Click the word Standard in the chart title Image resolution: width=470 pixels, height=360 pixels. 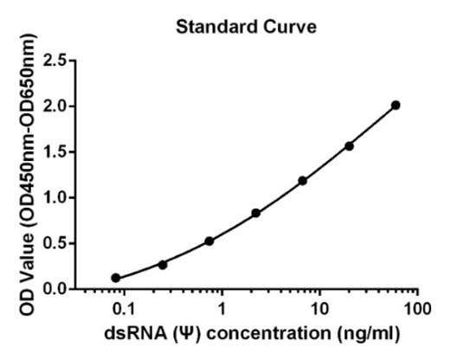(x=216, y=27)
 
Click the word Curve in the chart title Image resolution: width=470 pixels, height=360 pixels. (x=290, y=27)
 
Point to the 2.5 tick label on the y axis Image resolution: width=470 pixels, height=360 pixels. (x=55, y=61)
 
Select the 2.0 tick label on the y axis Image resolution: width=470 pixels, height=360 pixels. (x=55, y=106)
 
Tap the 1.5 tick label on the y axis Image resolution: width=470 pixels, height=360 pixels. (x=55, y=152)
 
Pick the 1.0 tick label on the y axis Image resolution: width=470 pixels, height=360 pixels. (x=55, y=198)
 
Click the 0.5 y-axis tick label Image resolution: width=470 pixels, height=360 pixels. (x=55, y=243)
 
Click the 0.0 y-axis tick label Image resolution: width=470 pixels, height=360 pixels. (x=55, y=289)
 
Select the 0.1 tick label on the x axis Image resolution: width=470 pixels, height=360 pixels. (x=125, y=309)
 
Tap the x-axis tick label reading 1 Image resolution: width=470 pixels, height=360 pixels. (x=222, y=309)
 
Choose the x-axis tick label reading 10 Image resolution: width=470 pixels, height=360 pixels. (x=320, y=309)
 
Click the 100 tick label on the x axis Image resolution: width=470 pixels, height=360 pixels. (x=417, y=309)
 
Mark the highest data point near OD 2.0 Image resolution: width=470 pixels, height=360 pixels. (x=396, y=106)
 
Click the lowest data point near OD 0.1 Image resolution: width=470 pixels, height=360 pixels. (x=116, y=278)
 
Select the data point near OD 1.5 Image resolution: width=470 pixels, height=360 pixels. (x=349, y=146)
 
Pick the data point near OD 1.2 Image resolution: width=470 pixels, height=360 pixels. (x=302, y=181)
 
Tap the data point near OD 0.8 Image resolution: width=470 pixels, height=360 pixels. (x=255, y=213)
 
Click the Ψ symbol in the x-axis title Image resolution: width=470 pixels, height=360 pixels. (x=186, y=334)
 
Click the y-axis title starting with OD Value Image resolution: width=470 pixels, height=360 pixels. (x=28, y=175)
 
